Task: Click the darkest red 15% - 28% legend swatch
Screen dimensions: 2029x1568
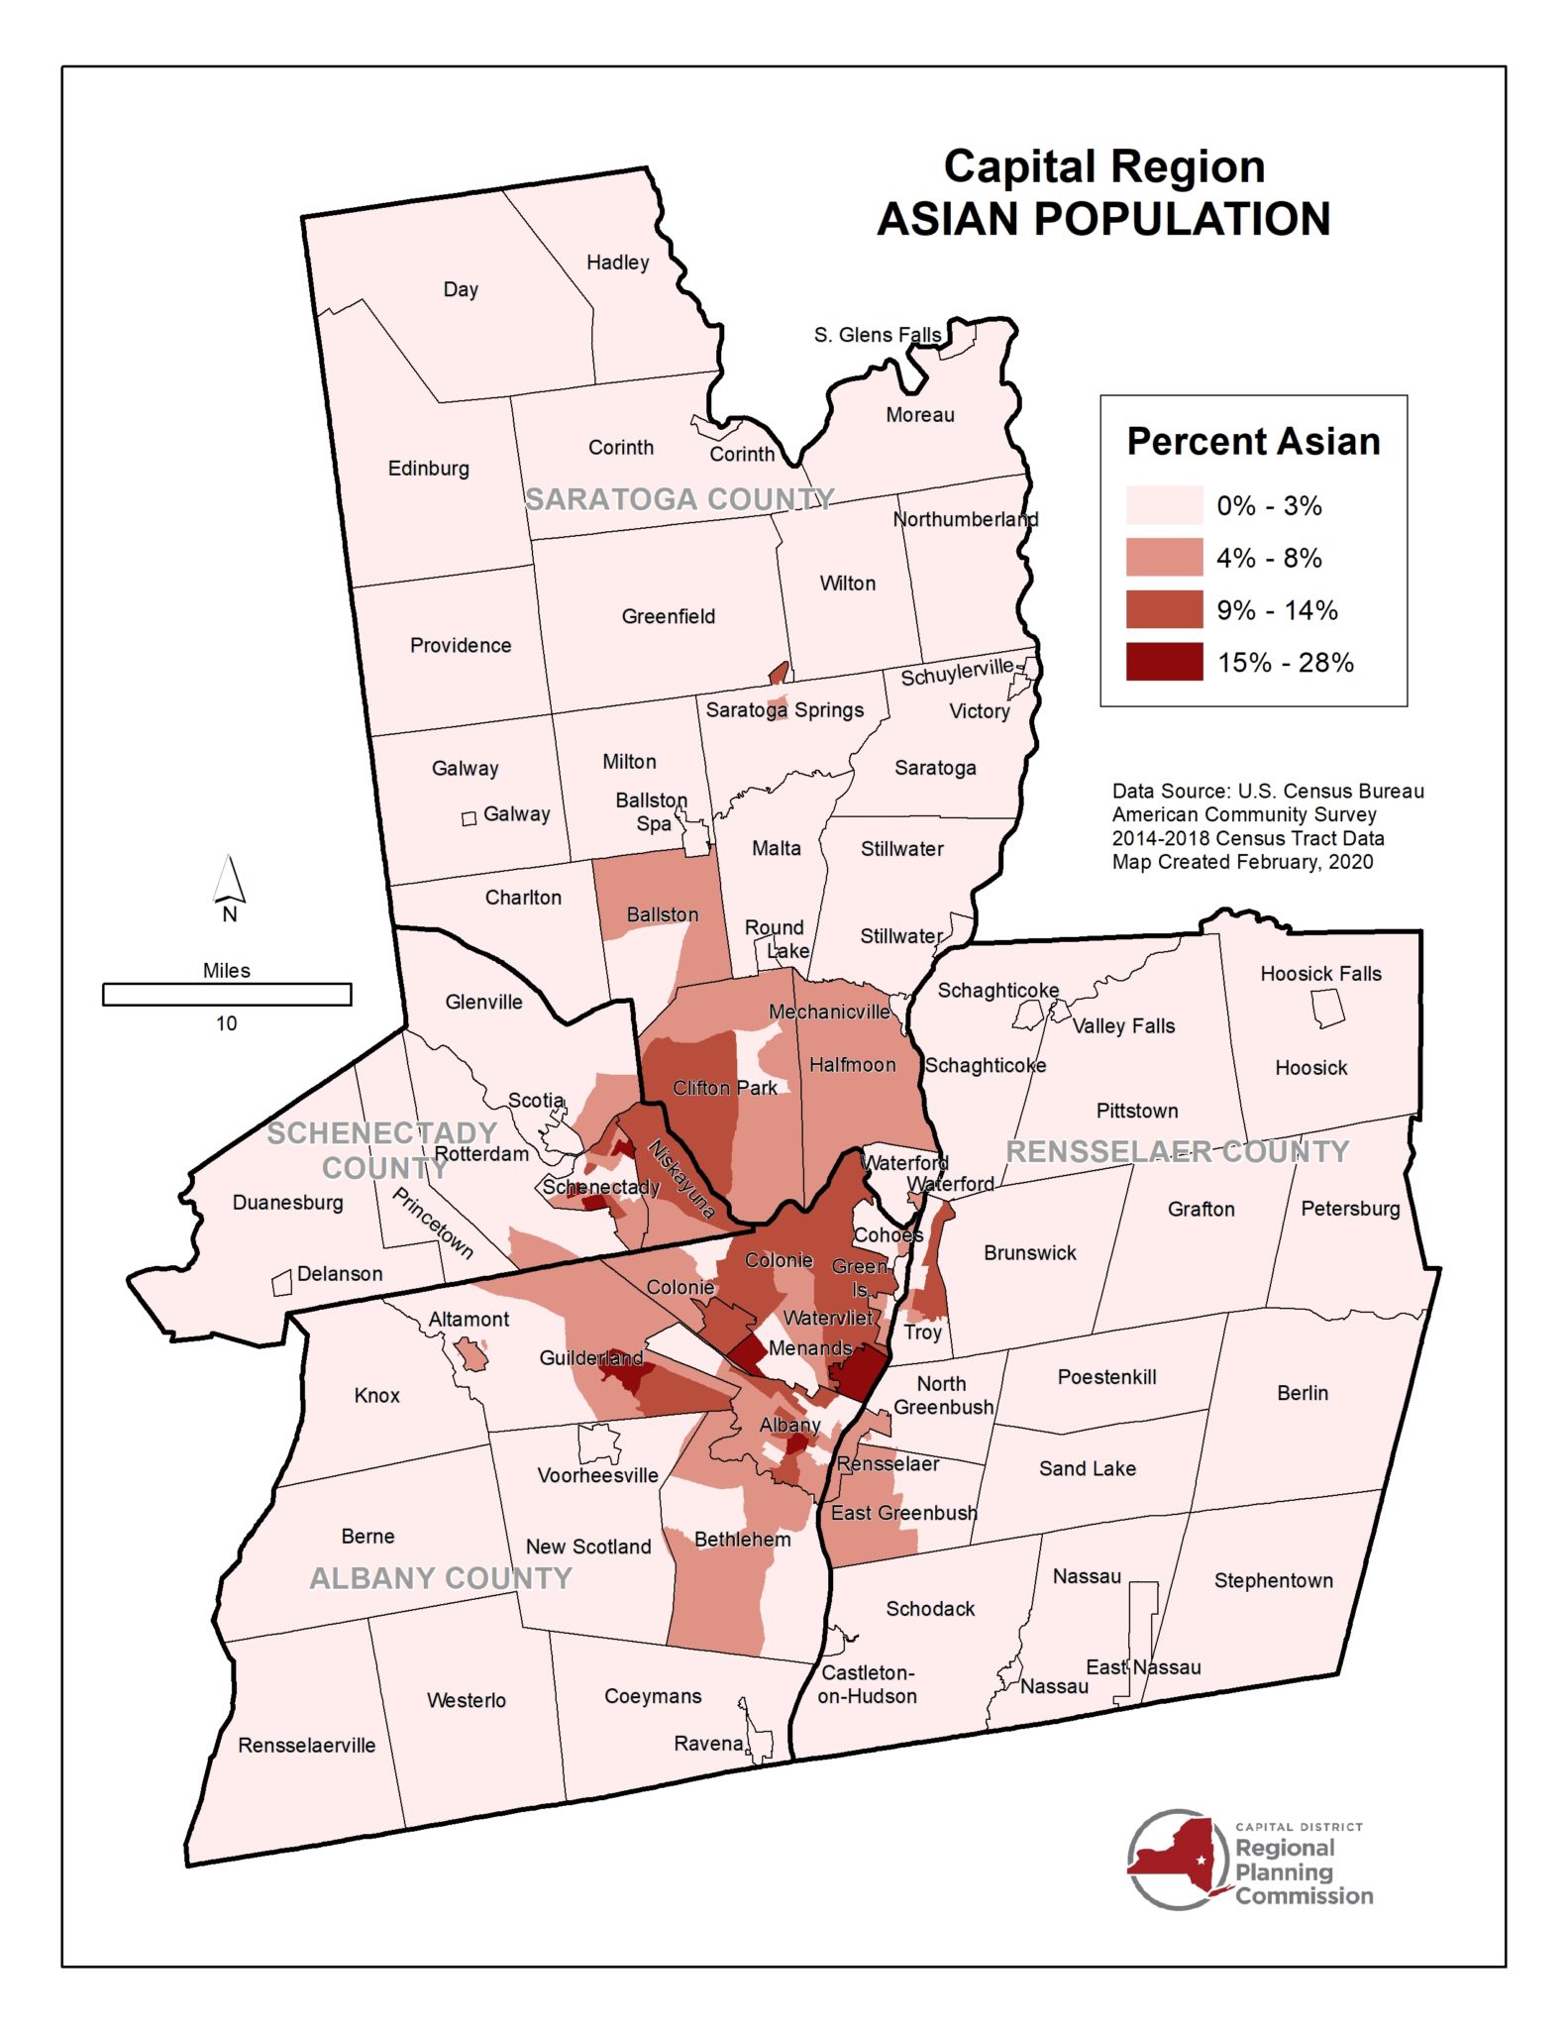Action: (1164, 662)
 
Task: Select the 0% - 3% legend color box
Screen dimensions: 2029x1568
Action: (1164, 505)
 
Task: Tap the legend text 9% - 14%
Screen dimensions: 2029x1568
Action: (1277, 610)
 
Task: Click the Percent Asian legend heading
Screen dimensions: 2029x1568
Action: (1253, 441)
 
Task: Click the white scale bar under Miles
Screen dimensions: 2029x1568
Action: (227, 994)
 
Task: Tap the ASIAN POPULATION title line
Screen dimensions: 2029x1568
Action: (1103, 219)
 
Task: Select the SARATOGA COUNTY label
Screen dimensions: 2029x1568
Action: (679, 499)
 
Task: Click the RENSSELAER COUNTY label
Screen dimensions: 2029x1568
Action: (1178, 1151)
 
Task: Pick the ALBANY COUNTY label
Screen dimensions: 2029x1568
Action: (441, 1578)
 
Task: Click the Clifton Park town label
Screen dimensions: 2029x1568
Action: (725, 1088)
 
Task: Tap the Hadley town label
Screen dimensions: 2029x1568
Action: (617, 263)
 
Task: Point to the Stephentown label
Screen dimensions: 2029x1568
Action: (1273, 1580)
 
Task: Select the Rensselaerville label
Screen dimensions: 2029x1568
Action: (306, 1745)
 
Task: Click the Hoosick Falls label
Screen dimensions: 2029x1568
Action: (1320, 974)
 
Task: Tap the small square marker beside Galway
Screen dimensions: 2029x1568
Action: (470, 818)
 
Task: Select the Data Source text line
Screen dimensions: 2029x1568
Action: (1268, 791)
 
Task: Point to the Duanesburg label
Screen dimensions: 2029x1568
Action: (287, 1203)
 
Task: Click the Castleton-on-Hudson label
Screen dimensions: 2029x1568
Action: (867, 1684)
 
